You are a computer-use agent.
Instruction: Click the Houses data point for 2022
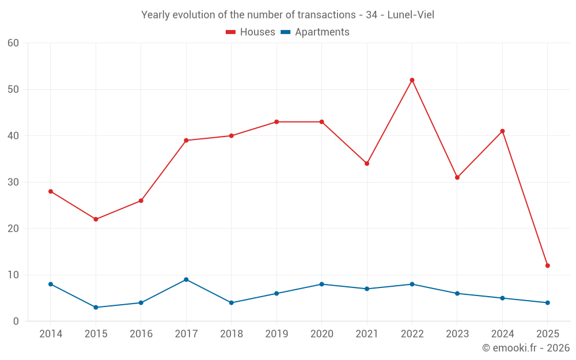coord(412,80)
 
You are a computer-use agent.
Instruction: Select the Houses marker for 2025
coord(548,266)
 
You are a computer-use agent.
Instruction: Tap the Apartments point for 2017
coord(186,279)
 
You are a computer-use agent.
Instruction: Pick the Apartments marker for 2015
coord(96,307)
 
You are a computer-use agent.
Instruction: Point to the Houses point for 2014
coord(51,191)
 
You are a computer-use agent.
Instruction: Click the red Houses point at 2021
coord(367,164)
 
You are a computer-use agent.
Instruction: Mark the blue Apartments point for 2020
coord(321,284)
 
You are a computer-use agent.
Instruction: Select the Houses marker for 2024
coord(502,131)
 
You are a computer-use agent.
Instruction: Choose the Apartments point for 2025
coord(548,302)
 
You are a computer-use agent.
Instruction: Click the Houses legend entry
coord(251,32)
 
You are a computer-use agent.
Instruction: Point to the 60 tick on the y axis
coord(13,43)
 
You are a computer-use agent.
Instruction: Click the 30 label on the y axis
coord(13,182)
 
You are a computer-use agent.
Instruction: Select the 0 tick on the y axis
coord(16,321)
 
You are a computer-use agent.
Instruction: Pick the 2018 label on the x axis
coord(231,334)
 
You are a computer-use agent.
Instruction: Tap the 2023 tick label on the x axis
coord(457,334)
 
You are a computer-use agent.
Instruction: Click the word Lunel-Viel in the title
coord(411,15)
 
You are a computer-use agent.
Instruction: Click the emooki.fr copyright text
coord(526,348)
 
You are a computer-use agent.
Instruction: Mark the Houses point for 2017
coord(186,141)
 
